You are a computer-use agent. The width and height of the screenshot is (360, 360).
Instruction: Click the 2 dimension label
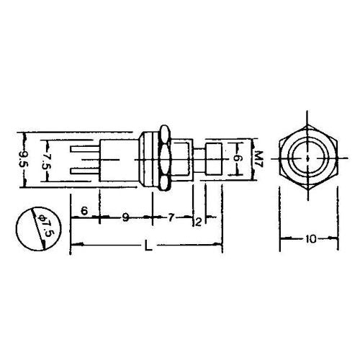pyautogui.click(x=197, y=221)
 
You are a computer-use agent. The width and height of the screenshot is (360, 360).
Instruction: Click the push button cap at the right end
pyautogui.click(x=214, y=156)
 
